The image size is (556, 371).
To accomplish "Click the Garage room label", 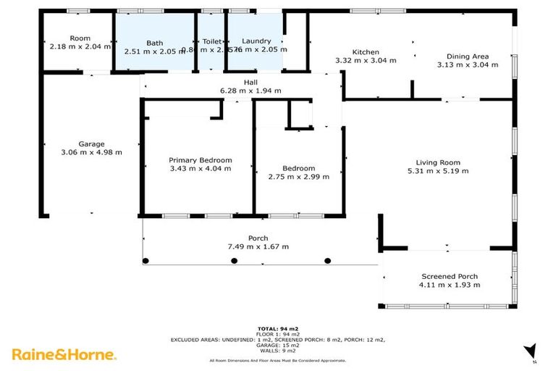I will pyautogui.click(x=92, y=143).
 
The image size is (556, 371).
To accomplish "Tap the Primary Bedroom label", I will pyautogui.click(x=200, y=160).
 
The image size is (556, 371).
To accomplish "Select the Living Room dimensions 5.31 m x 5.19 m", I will pyautogui.click(x=438, y=171).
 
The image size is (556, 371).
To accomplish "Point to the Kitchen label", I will pyautogui.click(x=366, y=52).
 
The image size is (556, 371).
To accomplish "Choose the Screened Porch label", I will pyautogui.click(x=450, y=276).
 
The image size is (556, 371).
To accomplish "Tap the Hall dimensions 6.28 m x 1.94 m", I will pyautogui.click(x=250, y=91).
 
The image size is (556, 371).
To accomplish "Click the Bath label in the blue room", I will pyautogui.click(x=154, y=43).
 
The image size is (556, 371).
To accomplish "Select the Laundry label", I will pyautogui.click(x=256, y=41).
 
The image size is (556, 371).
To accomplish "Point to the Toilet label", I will pyautogui.click(x=212, y=42).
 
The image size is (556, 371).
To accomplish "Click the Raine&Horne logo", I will pyautogui.click(x=64, y=354).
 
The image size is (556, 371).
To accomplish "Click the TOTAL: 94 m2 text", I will pyautogui.click(x=278, y=328).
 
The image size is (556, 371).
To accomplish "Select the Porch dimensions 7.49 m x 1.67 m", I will pyautogui.click(x=258, y=246).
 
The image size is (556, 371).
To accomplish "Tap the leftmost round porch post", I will pyautogui.click(x=145, y=260).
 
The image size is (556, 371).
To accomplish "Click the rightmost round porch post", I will pyautogui.click(x=327, y=260).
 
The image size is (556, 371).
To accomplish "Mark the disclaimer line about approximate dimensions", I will pyautogui.click(x=278, y=360).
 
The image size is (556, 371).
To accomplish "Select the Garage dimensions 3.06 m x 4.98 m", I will pyautogui.click(x=92, y=152).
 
